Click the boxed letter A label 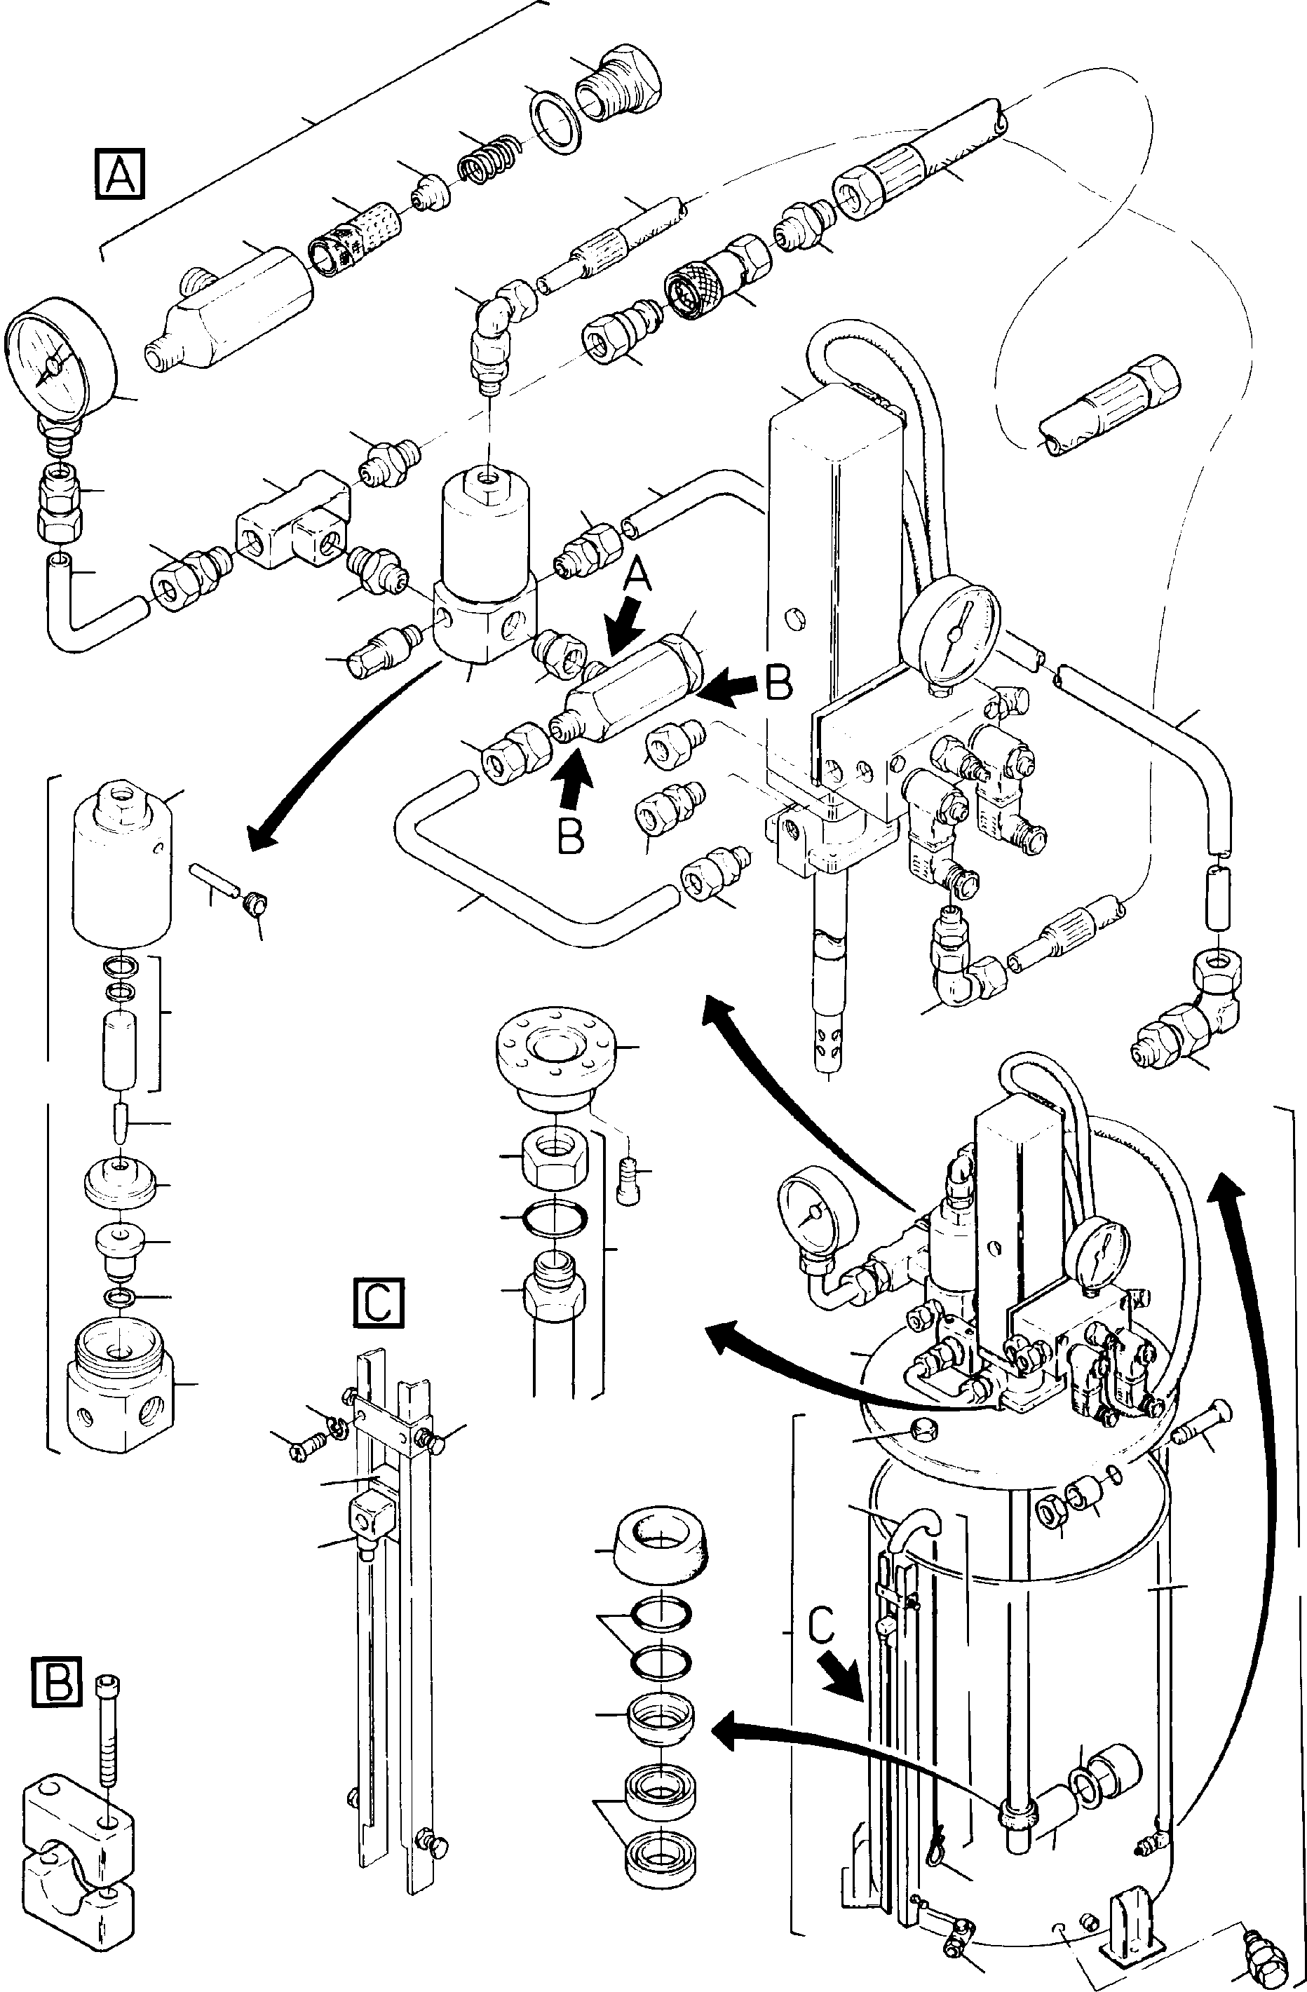point(120,174)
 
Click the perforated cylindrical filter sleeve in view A point(358,237)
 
